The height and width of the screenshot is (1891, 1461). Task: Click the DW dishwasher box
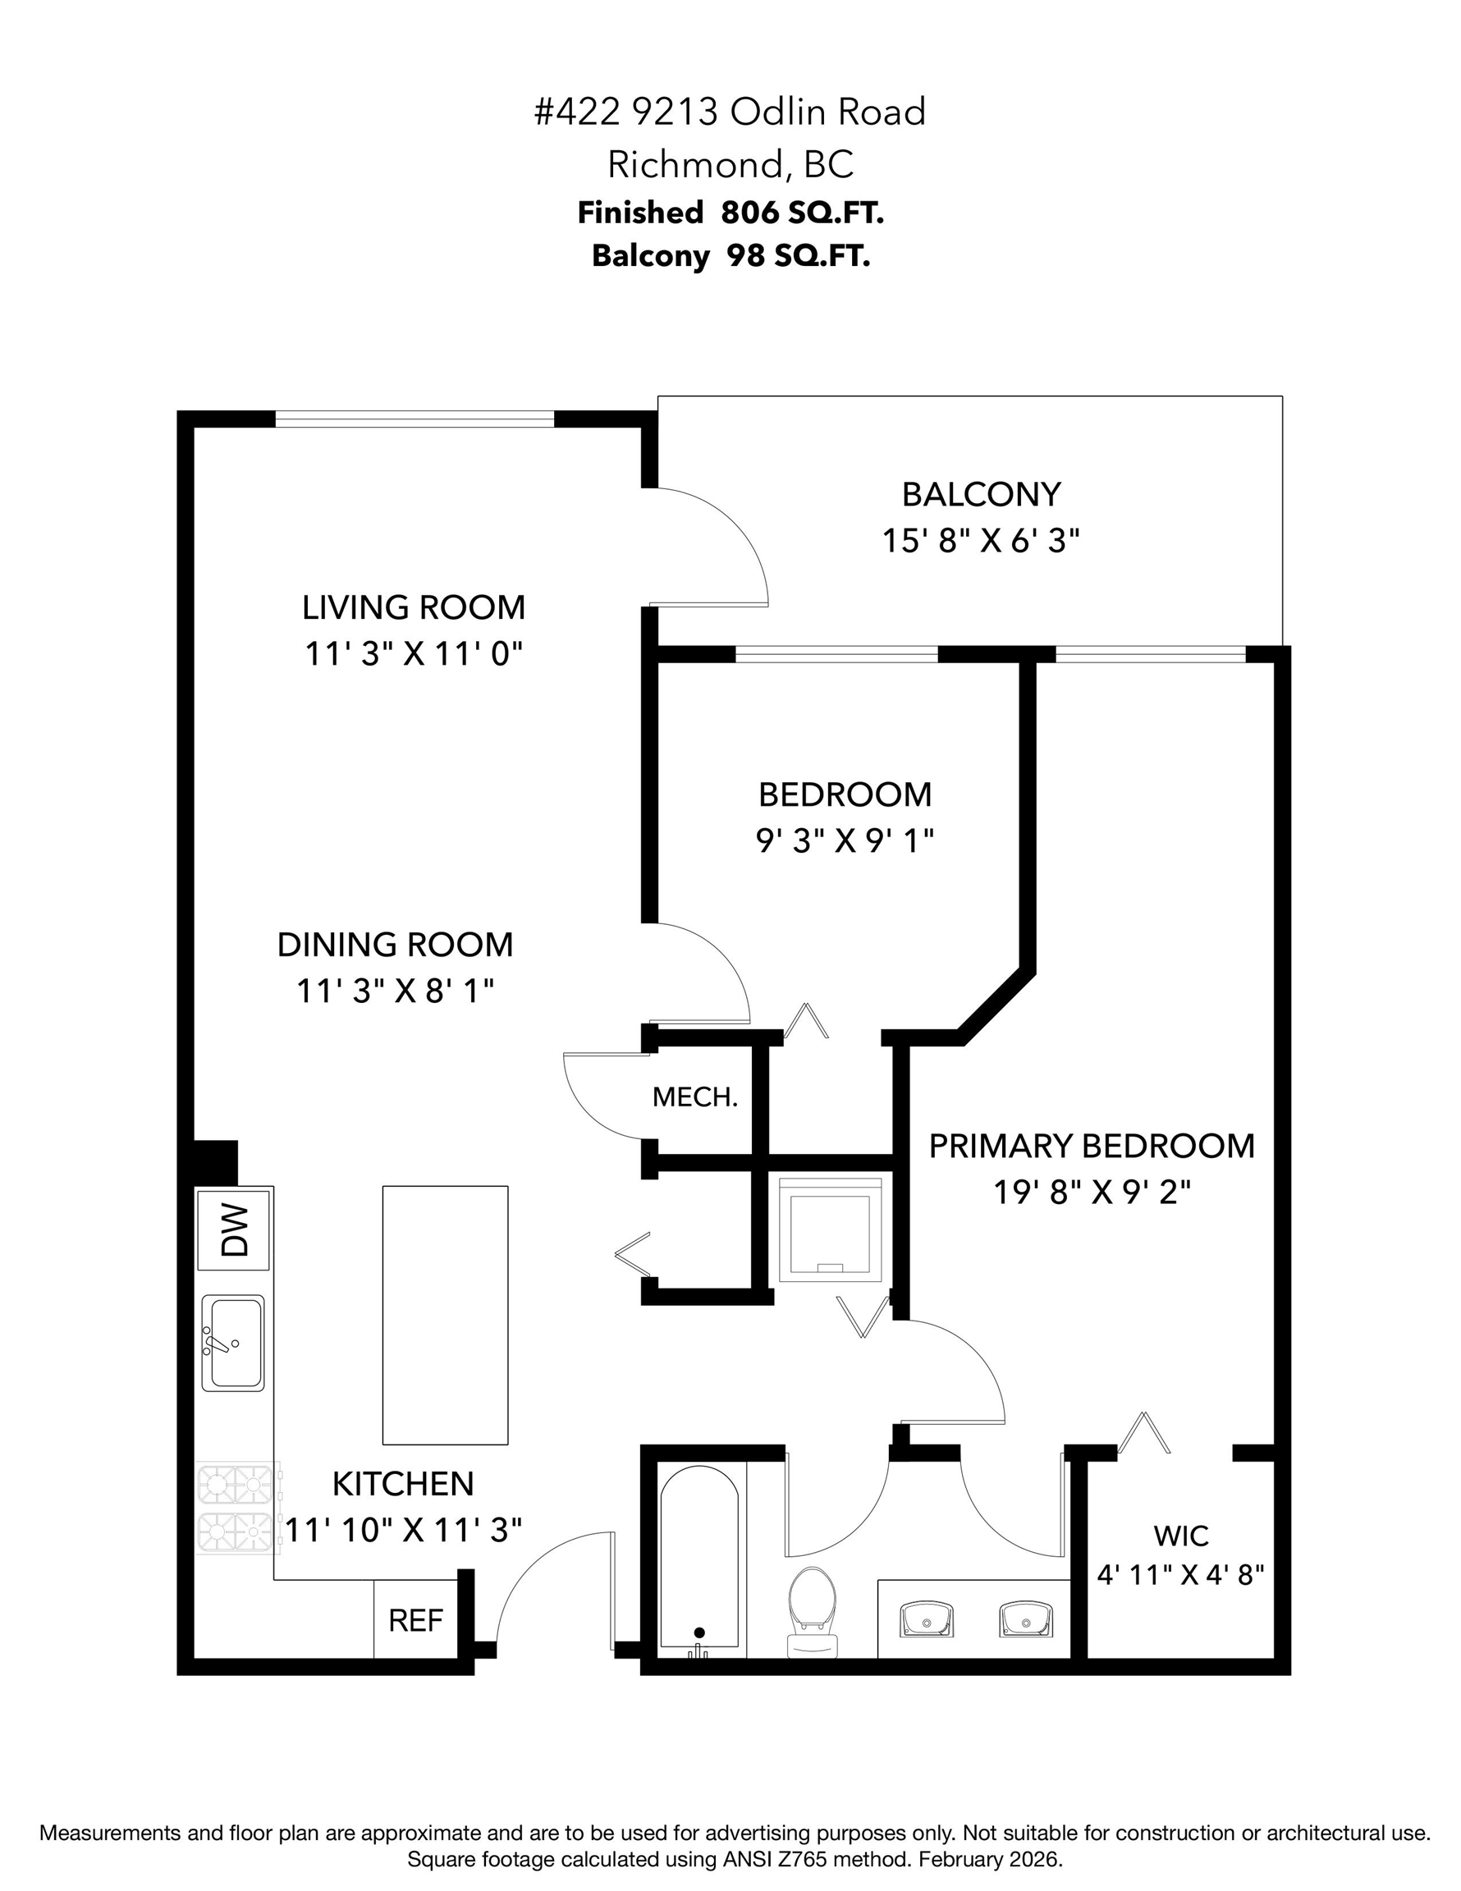(x=233, y=1230)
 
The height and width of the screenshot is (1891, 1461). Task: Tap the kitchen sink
(x=233, y=1343)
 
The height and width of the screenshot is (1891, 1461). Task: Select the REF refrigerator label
(x=415, y=1620)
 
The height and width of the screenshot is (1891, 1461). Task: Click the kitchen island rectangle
(x=445, y=1315)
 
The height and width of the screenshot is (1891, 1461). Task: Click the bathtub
(x=700, y=1561)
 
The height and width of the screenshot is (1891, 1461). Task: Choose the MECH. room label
(x=695, y=1097)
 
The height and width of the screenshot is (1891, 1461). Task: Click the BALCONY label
(x=981, y=494)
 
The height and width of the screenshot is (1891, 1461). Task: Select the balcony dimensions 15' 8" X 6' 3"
(x=981, y=541)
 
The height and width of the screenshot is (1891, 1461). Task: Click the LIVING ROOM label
(x=414, y=607)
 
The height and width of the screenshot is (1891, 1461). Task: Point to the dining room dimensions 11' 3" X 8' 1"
(x=396, y=991)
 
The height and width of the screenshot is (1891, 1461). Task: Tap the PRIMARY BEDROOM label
(x=1092, y=1146)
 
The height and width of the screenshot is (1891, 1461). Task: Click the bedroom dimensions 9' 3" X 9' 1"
(x=845, y=840)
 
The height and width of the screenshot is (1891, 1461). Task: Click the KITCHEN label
(x=404, y=1484)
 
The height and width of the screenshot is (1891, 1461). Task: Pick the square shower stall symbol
(x=830, y=1229)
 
